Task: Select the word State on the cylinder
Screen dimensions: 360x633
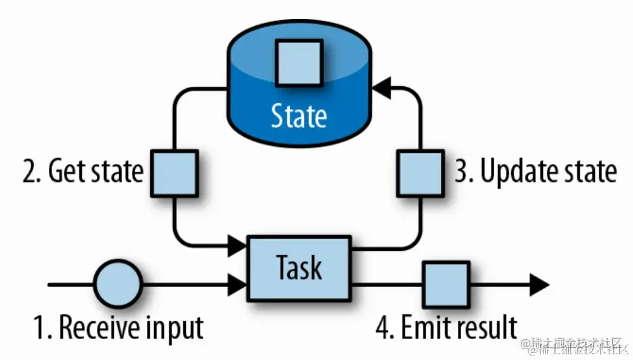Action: tap(299, 116)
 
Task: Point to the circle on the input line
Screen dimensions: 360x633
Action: tap(118, 285)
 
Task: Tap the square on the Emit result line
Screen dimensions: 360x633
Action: tap(446, 285)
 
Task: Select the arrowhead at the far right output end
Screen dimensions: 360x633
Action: tap(538, 285)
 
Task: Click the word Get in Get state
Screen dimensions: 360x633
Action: tap(66, 172)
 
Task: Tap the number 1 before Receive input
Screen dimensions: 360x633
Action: tap(39, 328)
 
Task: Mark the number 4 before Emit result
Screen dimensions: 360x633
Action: tap(382, 327)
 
